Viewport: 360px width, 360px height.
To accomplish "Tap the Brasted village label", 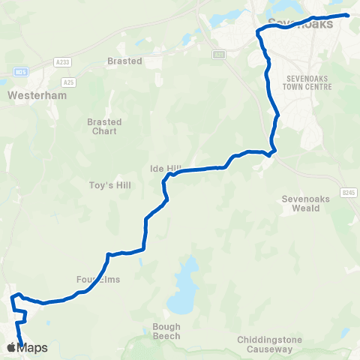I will click(124, 61).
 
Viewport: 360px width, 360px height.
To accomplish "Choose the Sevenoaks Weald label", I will click(301, 204).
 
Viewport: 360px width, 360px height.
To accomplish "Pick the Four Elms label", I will click(98, 279).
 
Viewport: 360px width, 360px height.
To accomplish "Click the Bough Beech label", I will click(166, 331).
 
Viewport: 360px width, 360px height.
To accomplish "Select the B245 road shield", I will click(347, 193).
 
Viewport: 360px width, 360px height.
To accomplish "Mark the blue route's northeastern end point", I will click(347, 14).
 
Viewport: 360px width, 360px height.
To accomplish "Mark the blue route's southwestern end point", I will click(22, 346).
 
